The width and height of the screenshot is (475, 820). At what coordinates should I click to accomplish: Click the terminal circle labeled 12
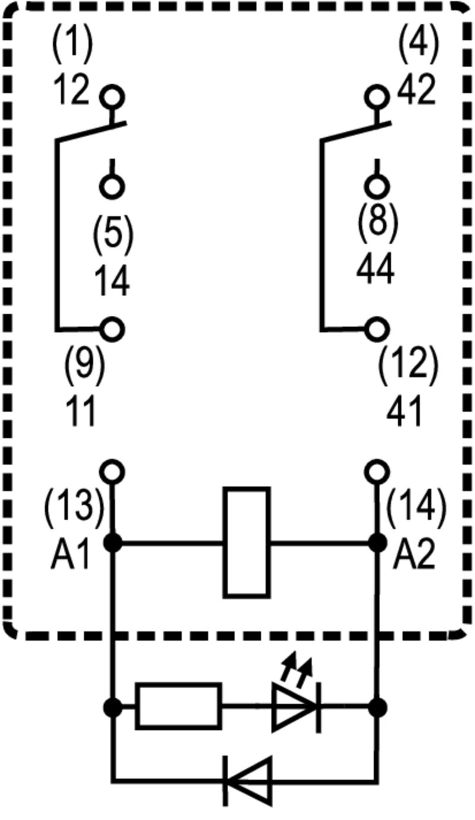click(x=112, y=96)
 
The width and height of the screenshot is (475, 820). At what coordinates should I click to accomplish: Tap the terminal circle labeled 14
click(x=112, y=186)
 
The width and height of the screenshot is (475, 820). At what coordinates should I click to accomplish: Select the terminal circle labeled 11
click(x=112, y=328)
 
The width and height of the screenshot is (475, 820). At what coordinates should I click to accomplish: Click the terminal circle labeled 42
click(x=376, y=96)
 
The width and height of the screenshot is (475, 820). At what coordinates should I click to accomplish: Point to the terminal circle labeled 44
click(x=376, y=186)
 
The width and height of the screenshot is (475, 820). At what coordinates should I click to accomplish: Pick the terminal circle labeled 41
click(x=376, y=328)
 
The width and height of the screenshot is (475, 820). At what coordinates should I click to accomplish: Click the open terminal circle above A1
click(x=112, y=472)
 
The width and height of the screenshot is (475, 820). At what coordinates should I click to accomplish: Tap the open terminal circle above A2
click(x=376, y=472)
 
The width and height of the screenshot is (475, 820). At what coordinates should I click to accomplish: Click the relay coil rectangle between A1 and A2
click(x=246, y=542)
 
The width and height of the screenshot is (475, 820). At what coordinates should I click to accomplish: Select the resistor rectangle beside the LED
click(x=178, y=706)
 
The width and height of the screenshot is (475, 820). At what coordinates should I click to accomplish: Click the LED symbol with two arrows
click(x=295, y=706)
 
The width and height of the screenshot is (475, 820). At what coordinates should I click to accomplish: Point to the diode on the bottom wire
click(x=248, y=780)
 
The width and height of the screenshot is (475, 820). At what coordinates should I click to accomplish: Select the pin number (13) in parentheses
click(x=72, y=508)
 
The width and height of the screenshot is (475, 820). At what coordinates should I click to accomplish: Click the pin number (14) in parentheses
click(x=416, y=508)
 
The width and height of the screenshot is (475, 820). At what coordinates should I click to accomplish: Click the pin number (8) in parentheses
click(x=376, y=221)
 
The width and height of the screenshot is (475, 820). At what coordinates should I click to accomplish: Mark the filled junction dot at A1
click(x=112, y=542)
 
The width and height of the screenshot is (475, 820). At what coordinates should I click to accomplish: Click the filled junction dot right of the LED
click(x=376, y=707)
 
